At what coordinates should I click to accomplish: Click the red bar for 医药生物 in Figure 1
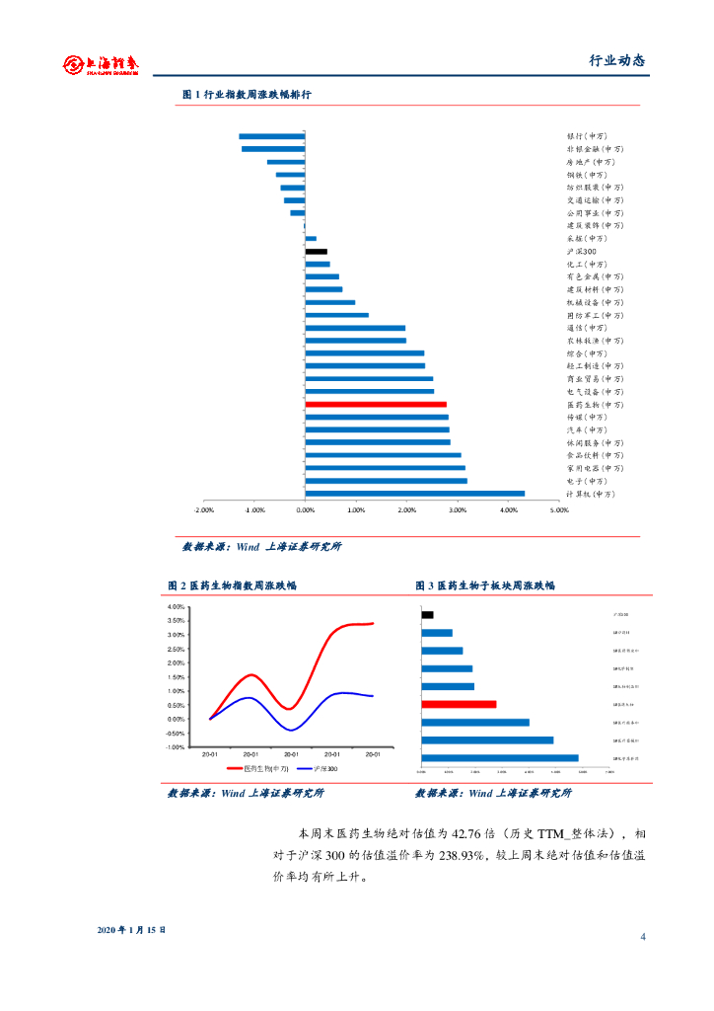(375, 405)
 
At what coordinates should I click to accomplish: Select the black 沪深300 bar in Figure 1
(316, 252)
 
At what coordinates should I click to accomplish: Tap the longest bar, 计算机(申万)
(414, 494)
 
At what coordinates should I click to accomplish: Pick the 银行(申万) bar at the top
(271, 136)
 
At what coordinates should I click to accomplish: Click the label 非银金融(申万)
(595, 149)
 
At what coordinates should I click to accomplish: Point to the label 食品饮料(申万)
(595, 456)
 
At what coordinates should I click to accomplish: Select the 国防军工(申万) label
(595, 316)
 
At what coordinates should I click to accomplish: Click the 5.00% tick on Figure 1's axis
(559, 510)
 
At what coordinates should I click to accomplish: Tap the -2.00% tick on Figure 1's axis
(204, 510)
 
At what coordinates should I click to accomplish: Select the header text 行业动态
(616, 60)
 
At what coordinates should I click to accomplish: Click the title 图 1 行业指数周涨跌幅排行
(247, 95)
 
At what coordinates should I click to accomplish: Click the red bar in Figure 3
(459, 704)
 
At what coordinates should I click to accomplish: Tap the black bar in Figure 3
(427, 615)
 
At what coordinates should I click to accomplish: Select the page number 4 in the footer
(642, 937)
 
